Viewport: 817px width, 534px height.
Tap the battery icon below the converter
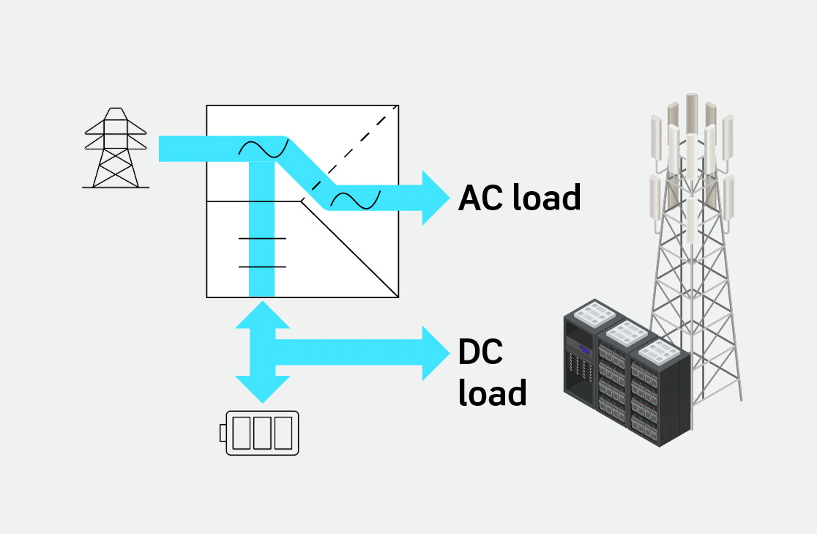click(x=262, y=433)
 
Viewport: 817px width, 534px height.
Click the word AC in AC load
click(x=480, y=198)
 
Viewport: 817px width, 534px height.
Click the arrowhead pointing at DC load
click(x=435, y=352)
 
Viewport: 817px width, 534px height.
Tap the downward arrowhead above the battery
click(x=262, y=388)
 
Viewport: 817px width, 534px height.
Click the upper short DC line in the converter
click(x=262, y=239)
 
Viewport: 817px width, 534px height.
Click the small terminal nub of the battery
click(x=223, y=434)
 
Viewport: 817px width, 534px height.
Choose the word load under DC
click(x=492, y=393)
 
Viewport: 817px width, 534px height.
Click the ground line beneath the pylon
click(x=116, y=188)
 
